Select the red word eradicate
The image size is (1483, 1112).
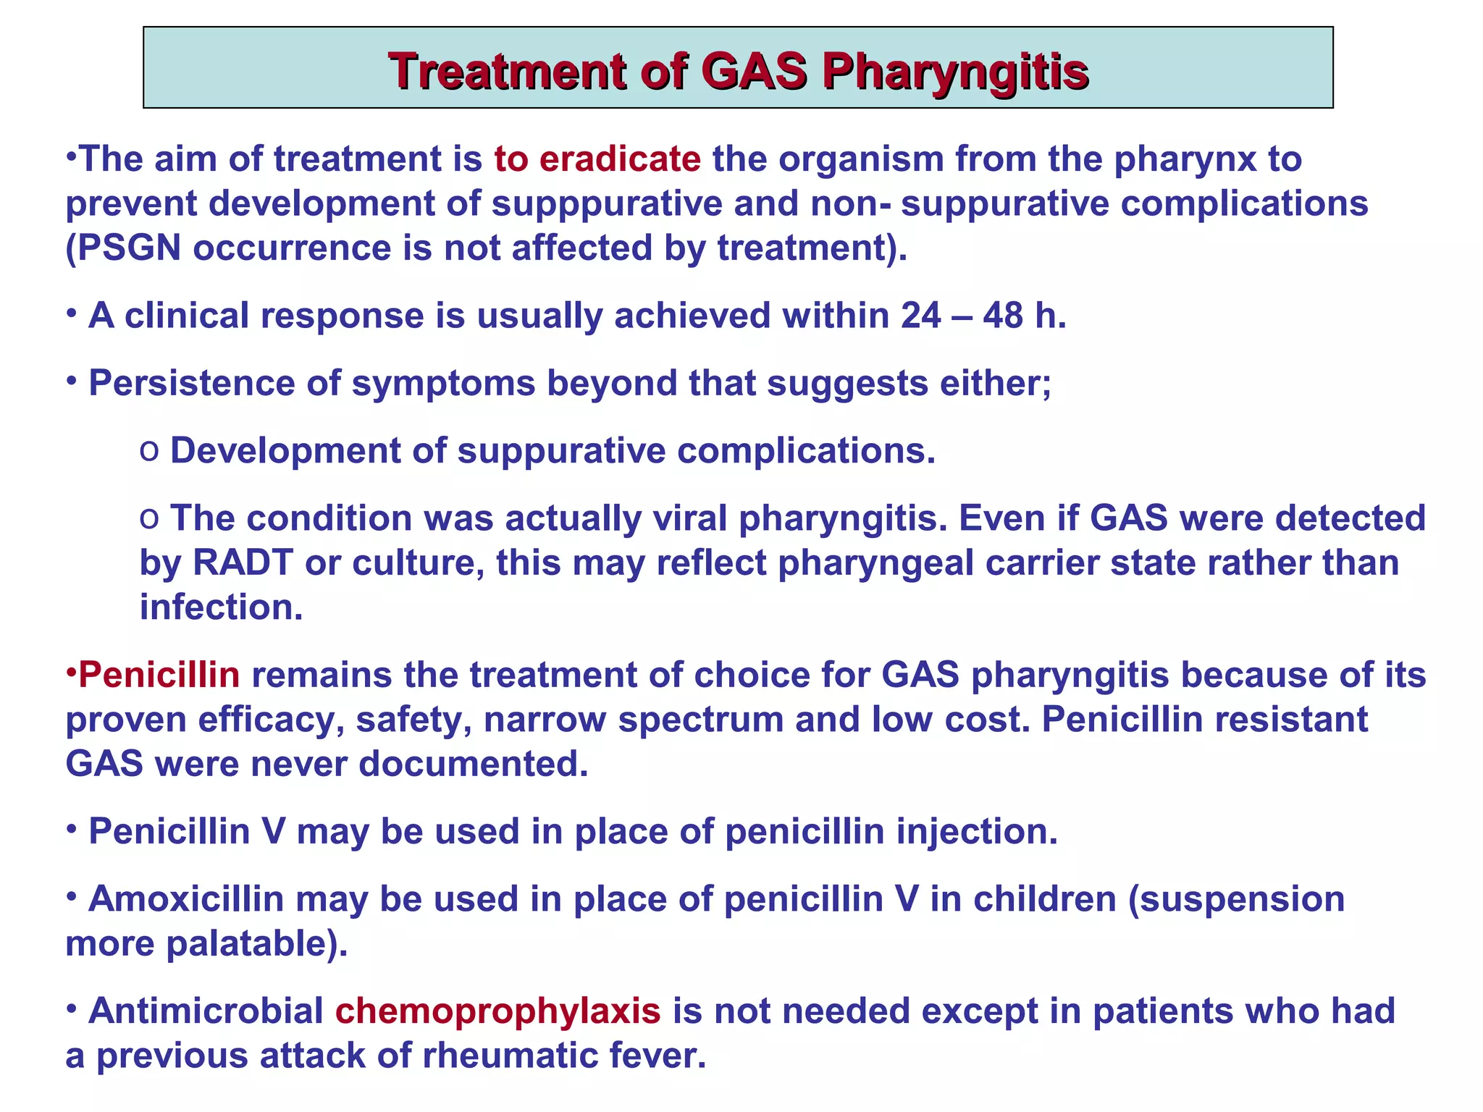620,159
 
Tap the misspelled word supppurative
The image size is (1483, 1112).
607,204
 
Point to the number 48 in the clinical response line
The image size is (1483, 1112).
1002,316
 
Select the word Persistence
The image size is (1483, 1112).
190,383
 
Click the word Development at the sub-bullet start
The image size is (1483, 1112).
285,450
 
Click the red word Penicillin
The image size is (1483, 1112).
159,675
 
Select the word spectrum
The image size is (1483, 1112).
700,720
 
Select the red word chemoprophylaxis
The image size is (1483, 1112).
497,1011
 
